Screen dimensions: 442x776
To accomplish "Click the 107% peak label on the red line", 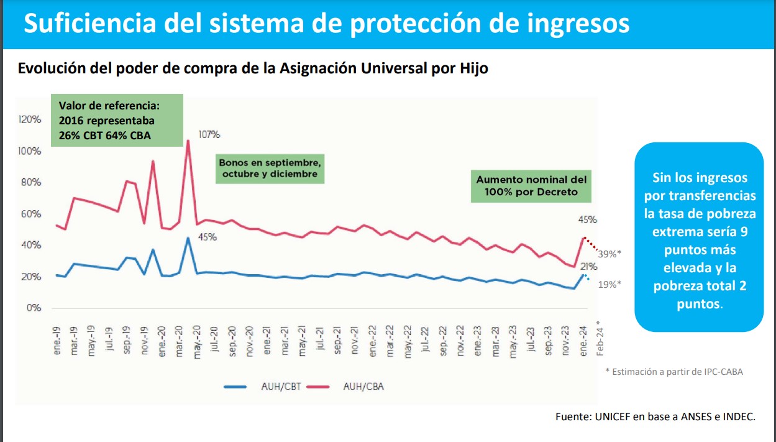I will coord(209,134).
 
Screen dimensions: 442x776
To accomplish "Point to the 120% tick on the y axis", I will coord(30,119).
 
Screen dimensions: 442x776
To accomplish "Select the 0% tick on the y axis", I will coord(34,308).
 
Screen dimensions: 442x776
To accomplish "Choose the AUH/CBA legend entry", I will coord(363,386).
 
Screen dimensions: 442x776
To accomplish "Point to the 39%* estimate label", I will coord(609,254).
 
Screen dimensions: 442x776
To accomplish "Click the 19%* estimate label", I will coord(609,284).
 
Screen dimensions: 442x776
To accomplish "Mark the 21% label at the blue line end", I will coord(589,267).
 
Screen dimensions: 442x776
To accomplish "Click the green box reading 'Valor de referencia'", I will coord(117,120).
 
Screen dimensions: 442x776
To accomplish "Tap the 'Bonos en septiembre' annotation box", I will coord(270,168).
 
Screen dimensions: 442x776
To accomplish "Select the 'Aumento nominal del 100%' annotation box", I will coord(531,185).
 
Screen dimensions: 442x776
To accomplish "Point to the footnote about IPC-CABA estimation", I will coord(674,372).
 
